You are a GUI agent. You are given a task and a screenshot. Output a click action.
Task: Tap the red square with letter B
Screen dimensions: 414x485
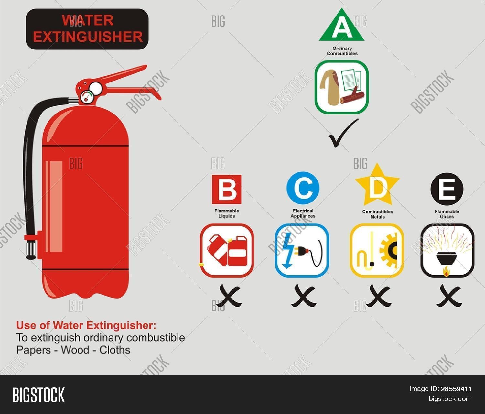click(x=227, y=190)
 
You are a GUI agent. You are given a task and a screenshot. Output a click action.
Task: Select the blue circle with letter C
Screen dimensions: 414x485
click(x=303, y=188)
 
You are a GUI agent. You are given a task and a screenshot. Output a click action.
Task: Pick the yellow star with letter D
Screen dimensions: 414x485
click(x=377, y=187)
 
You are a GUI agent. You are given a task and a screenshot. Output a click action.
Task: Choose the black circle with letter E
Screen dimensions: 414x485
click(x=447, y=189)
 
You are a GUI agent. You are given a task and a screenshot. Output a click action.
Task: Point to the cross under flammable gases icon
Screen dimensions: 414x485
click(x=449, y=296)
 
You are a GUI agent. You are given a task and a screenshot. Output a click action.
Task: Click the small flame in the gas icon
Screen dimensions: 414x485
click(x=447, y=272)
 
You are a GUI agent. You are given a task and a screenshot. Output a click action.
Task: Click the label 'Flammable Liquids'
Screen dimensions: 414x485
click(x=227, y=213)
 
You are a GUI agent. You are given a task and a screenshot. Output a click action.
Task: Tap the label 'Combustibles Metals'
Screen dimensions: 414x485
click(x=377, y=214)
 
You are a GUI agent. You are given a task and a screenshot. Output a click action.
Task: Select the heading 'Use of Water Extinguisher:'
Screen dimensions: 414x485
click(x=86, y=325)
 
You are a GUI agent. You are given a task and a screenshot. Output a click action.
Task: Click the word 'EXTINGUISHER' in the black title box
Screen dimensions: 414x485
click(x=88, y=37)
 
